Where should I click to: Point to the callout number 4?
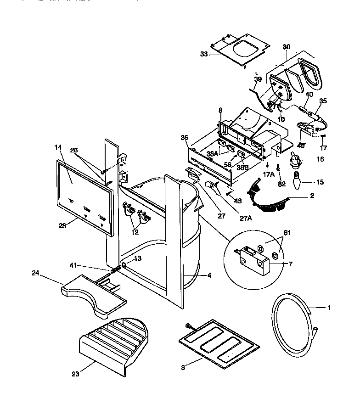click(x=209, y=275)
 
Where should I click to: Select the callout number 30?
click(x=287, y=47)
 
